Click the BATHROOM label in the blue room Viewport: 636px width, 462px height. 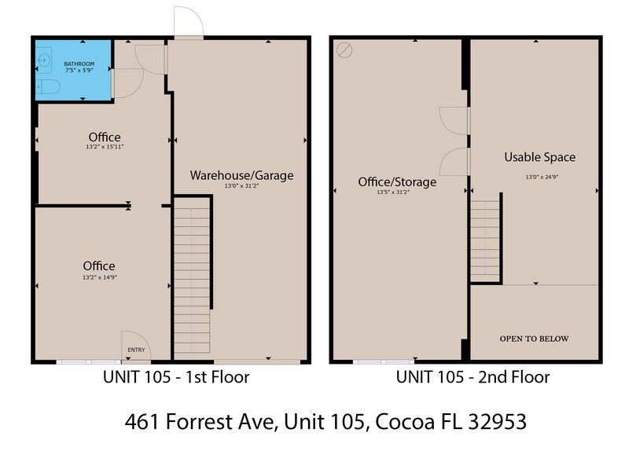pos(79,63)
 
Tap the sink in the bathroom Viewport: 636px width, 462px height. pos(46,59)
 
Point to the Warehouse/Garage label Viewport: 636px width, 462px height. pos(241,175)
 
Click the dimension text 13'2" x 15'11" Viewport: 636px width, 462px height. pos(105,147)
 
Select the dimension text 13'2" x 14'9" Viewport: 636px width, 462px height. pos(99,277)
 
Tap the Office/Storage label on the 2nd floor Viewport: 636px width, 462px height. pos(397,181)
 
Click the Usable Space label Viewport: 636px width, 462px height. pos(539,157)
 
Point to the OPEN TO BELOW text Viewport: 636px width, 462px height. pos(534,339)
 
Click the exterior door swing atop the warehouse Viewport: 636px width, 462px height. pos(189,22)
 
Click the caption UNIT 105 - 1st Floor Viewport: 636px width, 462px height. pos(176,377)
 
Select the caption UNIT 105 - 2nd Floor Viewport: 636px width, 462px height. pos(472,377)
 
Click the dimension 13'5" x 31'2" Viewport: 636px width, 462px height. pos(396,191)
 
